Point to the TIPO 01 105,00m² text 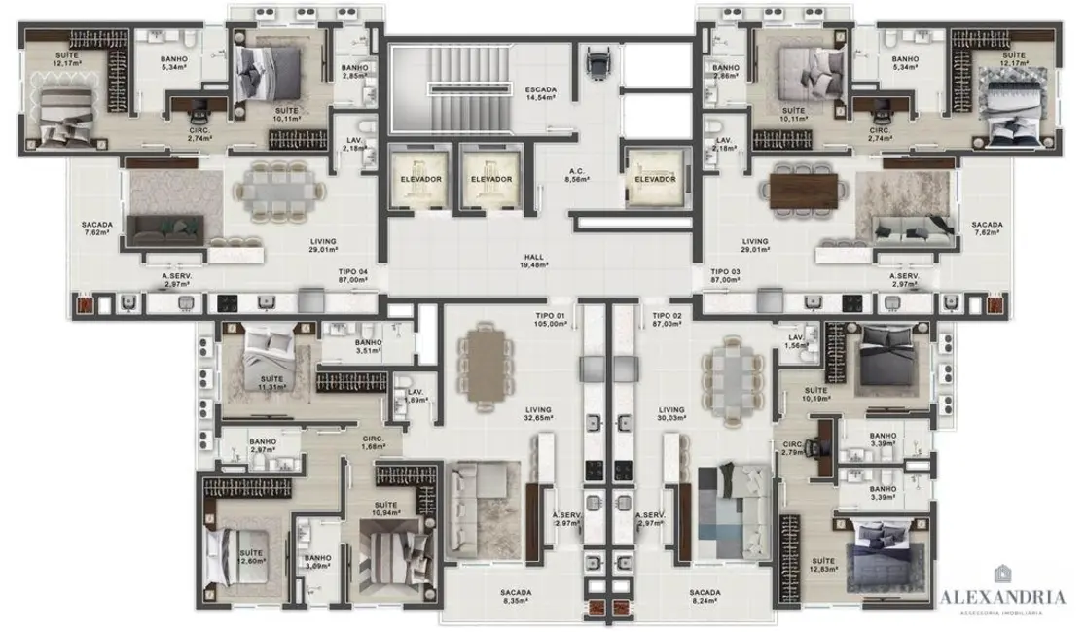[x=550, y=321]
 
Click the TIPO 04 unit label [x=352, y=275]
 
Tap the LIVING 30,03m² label [x=671, y=415]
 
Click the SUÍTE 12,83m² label [x=823, y=566]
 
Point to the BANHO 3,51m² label [x=368, y=347]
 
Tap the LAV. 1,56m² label [x=798, y=341]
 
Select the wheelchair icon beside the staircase [x=596, y=64]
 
